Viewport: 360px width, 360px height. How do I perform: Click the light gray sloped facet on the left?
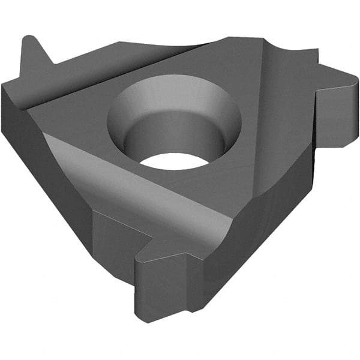(x=108, y=174)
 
